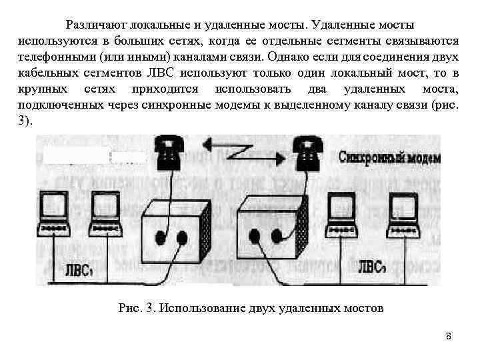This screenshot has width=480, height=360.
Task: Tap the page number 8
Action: pos(449,336)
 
